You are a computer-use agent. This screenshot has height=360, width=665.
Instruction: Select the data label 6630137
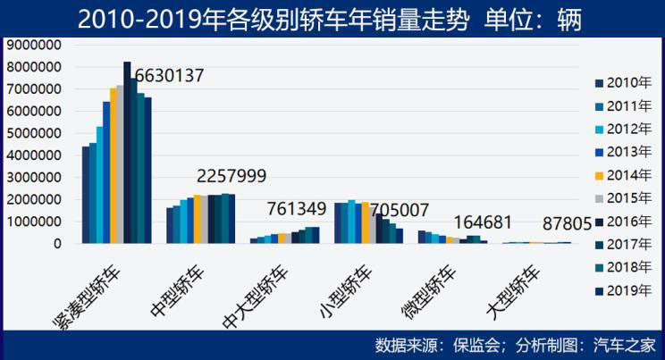coord(169,76)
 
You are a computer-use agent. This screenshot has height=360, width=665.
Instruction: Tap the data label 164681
coord(483,222)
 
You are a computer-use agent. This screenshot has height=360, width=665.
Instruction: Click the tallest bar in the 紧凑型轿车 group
coord(127,152)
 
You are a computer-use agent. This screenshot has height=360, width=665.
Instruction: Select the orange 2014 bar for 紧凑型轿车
coord(114,165)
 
